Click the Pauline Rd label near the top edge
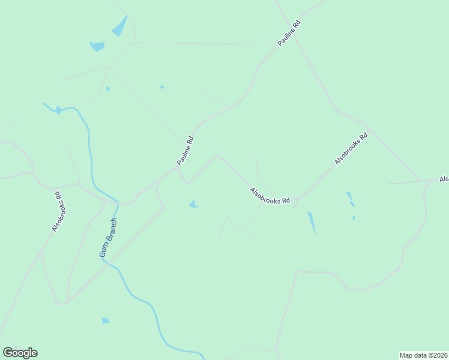pos(289,34)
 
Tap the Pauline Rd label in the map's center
pos(185,151)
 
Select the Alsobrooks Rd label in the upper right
pos(351,149)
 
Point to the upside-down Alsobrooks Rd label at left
pos(58,212)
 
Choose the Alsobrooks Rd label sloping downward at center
pos(270,196)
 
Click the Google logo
pos(20,353)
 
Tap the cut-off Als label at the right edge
pos(444,179)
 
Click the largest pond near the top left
pos(119,26)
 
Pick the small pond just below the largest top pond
pos(97,46)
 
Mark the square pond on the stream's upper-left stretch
pos(58,110)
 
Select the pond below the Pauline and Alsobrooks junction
pos(193,205)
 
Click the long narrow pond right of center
pos(311,222)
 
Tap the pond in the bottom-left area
pos(106,321)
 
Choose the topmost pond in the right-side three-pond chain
pos(349,196)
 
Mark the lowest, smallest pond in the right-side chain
pos(354,217)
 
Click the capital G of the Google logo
pos(8,353)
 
